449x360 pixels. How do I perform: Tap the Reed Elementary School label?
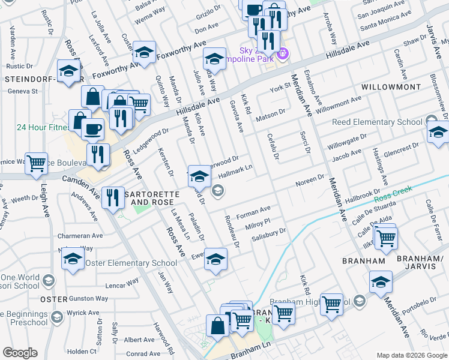click(x=378, y=122)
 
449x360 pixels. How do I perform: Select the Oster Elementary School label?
click(x=131, y=263)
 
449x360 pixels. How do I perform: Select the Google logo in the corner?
click(x=20, y=353)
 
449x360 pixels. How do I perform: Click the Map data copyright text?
click(x=411, y=355)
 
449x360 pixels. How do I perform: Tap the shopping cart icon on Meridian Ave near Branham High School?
click(x=331, y=304)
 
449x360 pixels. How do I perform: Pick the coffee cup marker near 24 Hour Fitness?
click(x=93, y=128)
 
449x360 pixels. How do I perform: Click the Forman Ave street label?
click(x=254, y=212)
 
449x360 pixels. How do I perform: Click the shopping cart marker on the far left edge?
click(x=36, y=163)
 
